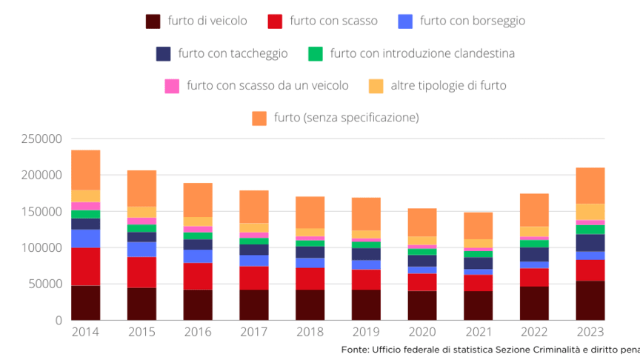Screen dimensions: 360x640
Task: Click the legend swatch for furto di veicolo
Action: click(x=153, y=21)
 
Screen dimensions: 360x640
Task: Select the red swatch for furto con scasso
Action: click(x=276, y=21)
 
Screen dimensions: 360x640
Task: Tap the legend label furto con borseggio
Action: click(x=472, y=21)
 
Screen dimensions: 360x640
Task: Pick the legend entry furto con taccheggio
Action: click(x=231, y=53)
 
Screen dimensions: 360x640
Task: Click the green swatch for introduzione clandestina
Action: click(x=316, y=53)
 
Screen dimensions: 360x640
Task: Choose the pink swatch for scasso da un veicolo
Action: click(x=172, y=86)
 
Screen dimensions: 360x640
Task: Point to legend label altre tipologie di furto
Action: click(x=448, y=86)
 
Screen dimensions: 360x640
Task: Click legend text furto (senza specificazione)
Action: click(x=346, y=118)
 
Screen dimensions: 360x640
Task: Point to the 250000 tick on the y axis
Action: click(x=41, y=139)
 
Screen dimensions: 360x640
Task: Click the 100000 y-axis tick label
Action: click(x=41, y=247)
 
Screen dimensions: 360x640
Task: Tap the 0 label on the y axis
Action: click(x=58, y=320)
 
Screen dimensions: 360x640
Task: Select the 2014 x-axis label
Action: click(x=85, y=333)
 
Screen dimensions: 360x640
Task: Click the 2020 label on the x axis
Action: click(x=421, y=333)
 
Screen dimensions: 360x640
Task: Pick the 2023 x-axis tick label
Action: click(x=590, y=333)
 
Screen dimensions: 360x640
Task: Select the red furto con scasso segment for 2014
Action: click(x=85, y=267)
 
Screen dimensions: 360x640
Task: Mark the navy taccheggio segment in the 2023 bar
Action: click(x=590, y=242)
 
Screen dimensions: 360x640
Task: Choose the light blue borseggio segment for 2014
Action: click(x=85, y=238)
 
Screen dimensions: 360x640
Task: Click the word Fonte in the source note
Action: click(x=355, y=349)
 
